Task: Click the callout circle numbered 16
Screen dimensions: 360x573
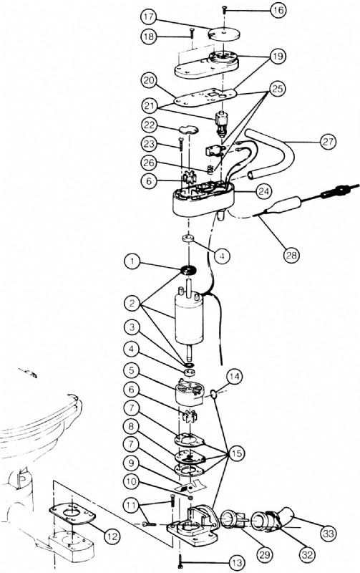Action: click(278, 11)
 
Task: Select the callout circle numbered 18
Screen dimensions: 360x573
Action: click(150, 37)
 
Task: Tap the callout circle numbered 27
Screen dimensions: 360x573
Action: click(327, 141)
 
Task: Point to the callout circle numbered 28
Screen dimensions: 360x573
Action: click(291, 255)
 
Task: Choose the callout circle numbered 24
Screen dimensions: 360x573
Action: click(263, 191)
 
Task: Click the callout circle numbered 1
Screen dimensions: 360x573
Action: click(132, 261)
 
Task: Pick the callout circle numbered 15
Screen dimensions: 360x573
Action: click(237, 453)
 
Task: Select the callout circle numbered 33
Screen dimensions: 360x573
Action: click(329, 534)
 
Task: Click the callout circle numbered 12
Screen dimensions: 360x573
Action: click(112, 536)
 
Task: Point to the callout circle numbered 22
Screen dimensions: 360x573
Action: click(150, 125)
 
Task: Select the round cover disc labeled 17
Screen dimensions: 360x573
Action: click(225, 34)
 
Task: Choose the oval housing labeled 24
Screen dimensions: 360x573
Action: click(203, 199)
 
